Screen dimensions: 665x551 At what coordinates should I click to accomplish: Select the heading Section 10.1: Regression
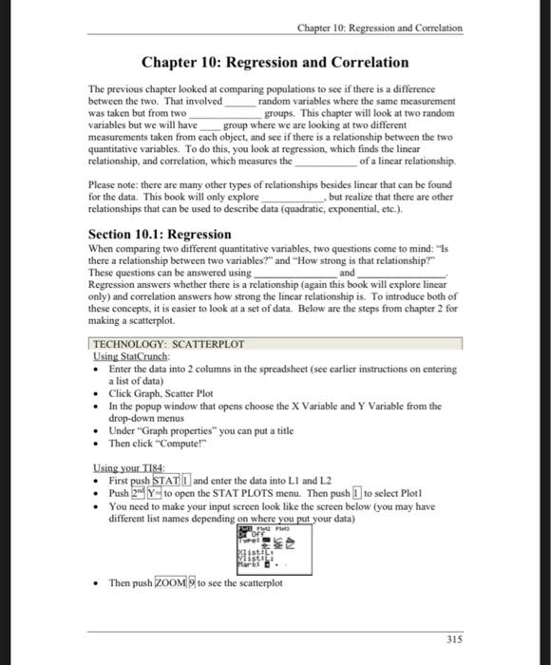[160, 234]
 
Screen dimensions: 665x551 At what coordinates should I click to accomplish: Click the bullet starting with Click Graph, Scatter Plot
[161, 393]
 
